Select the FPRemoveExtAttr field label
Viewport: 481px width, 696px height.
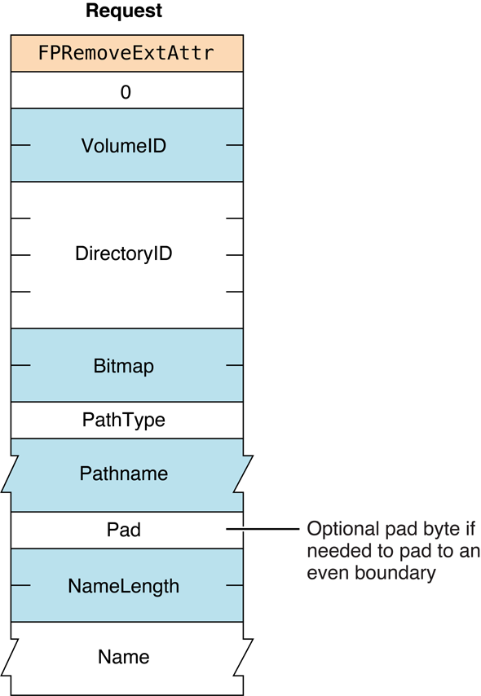[x=126, y=54]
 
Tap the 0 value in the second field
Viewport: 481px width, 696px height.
[x=126, y=92]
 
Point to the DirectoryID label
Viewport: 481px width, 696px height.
[x=124, y=254]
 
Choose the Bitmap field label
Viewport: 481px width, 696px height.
[x=124, y=367]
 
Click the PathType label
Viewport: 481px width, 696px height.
[x=124, y=421]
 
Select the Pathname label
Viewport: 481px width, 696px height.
[x=124, y=473]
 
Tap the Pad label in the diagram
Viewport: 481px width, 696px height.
[x=124, y=531]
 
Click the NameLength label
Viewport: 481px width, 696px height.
[x=124, y=586]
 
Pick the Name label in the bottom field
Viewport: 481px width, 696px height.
[x=124, y=656]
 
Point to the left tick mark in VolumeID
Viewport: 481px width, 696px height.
[x=21, y=146]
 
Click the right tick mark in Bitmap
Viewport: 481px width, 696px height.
[x=234, y=367]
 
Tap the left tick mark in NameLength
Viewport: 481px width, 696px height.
[x=21, y=586]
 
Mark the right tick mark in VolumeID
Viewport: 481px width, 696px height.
[x=234, y=146]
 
